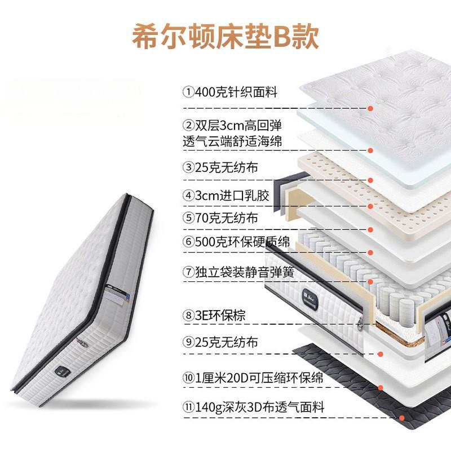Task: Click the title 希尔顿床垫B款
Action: point(225,35)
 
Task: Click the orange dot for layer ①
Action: point(371,108)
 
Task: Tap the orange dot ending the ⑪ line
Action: point(401,418)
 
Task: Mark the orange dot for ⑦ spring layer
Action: point(371,281)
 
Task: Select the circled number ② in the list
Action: point(187,125)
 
